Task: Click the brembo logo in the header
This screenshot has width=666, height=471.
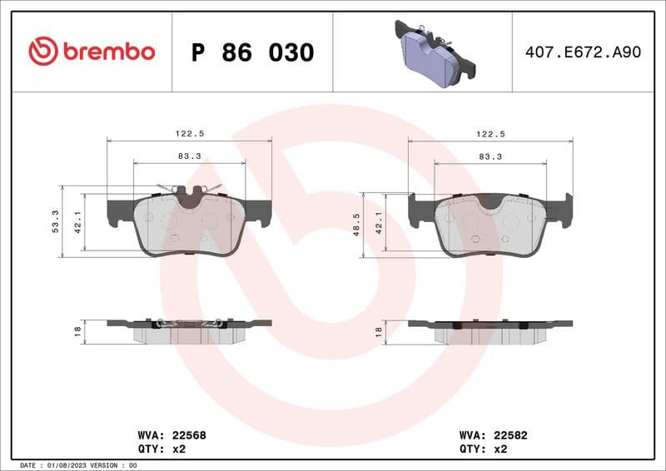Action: (x=92, y=52)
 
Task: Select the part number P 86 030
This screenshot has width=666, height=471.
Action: (x=252, y=52)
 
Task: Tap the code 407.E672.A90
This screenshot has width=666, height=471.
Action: (x=583, y=52)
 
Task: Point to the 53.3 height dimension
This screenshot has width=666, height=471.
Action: (x=56, y=221)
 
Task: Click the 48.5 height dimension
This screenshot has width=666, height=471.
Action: (x=356, y=224)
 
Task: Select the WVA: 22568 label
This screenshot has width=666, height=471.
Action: (x=171, y=434)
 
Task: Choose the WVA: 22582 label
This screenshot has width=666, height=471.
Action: (x=495, y=434)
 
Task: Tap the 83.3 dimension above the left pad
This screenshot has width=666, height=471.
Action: (x=189, y=156)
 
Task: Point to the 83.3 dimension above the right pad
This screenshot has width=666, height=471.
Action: (x=490, y=156)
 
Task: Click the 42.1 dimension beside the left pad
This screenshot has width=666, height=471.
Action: (x=78, y=222)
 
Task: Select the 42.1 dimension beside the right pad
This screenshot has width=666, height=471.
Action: (x=379, y=222)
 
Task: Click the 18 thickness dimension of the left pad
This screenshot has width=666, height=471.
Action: (x=77, y=331)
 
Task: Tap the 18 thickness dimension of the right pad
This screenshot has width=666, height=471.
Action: (x=379, y=331)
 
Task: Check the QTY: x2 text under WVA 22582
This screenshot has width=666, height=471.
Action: (x=482, y=448)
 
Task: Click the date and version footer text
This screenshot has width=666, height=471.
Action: (x=77, y=465)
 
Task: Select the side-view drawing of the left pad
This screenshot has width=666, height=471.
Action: (x=190, y=330)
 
